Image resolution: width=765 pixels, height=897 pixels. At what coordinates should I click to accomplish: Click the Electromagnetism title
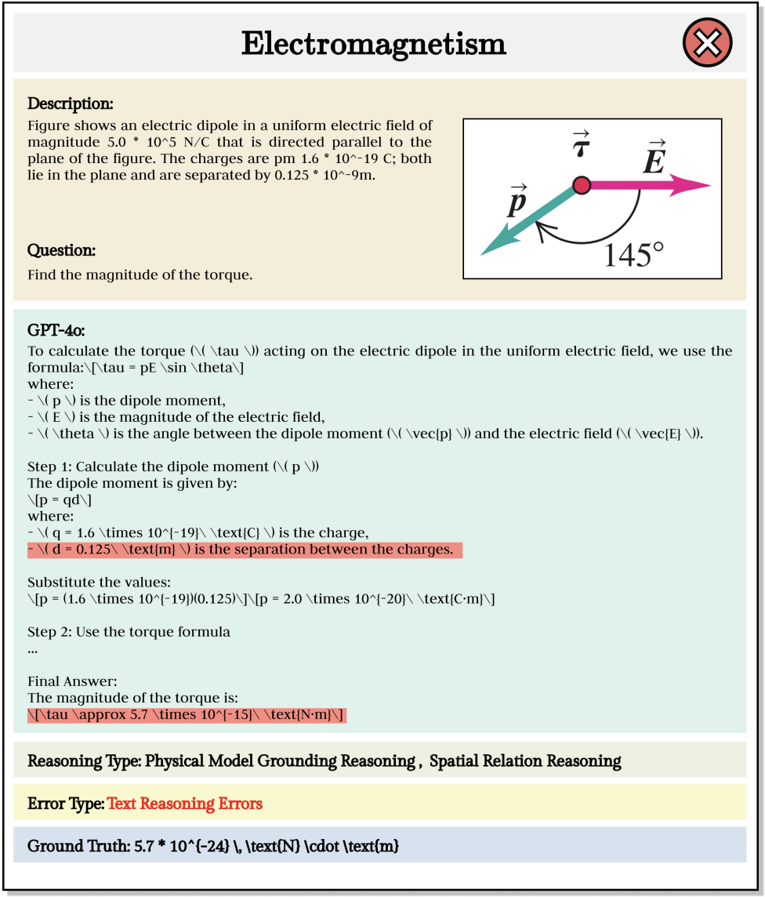[x=372, y=44]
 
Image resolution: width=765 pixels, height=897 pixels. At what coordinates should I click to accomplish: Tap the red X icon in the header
[x=707, y=44]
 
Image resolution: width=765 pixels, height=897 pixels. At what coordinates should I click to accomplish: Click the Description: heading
[x=71, y=103]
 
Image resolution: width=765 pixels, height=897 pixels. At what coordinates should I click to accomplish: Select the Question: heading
[x=61, y=251]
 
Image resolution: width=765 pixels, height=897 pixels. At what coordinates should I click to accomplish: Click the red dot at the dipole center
[x=581, y=185]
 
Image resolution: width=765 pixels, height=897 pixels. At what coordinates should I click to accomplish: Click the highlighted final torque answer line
[x=186, y=714]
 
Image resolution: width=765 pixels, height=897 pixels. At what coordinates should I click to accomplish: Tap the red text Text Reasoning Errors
[x=184, y=804]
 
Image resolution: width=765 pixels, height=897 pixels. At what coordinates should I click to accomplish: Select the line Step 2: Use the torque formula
[x=129, y=632]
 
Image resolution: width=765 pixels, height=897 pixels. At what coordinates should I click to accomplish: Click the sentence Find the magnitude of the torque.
[x=140, y=275]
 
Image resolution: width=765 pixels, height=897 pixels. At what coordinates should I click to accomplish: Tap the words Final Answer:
[x=71, y=681]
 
